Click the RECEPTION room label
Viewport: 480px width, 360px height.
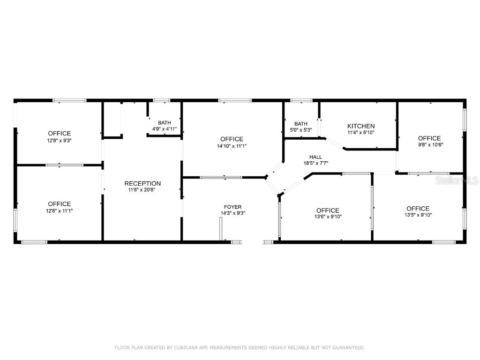click(142, 183)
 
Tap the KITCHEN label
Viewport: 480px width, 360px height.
click(361, 126)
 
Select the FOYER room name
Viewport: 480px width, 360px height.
click(233, 207)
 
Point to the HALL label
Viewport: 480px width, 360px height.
click(315, 157)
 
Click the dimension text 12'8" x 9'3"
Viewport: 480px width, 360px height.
click(60, 140)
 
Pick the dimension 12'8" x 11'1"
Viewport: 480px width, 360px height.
click(60, 210)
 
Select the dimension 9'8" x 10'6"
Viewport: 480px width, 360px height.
click(429, 145)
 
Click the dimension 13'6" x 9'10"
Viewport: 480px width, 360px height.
click(328, 217)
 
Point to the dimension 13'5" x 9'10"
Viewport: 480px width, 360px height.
click(418, 215)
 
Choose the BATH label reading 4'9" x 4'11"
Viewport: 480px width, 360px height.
click(165, 123)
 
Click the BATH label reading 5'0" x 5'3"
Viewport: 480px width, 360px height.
click(301, 124)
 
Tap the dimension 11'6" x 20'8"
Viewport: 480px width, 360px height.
click(142, 190)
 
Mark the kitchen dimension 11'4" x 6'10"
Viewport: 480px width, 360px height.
click(361, 133)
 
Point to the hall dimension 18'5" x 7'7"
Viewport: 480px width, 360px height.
click(315, 163)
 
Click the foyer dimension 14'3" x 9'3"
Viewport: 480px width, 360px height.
click(233, 213)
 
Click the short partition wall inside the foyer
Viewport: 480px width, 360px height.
click(220, 229)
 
